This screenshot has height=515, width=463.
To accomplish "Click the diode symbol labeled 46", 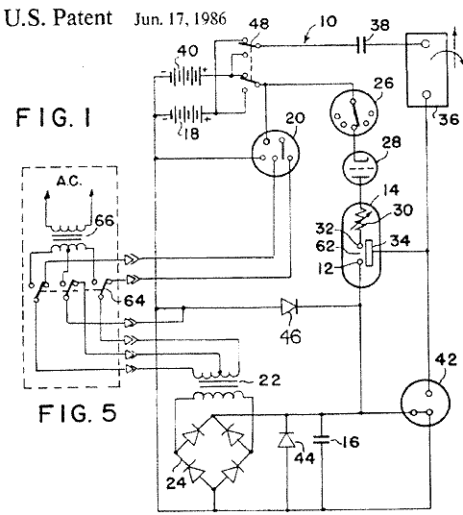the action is [289, 307].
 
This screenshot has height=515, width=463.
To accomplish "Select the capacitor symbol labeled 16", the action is [321, 440].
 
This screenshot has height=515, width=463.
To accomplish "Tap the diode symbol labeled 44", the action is [286, 440].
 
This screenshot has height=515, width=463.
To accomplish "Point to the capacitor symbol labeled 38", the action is [361, 45].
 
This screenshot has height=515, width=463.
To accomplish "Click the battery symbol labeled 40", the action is [185, 76].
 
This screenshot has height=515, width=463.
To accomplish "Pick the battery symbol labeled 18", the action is [186, 114].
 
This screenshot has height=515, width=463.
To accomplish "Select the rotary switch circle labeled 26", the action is [353, 112].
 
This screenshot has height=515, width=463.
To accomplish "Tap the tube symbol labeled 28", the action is [359, 167].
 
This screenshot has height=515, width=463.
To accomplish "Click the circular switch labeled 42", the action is [426, 403].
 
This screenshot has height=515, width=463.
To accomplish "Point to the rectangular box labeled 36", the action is [426, 69].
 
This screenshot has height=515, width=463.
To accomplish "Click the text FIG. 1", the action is [54, 117].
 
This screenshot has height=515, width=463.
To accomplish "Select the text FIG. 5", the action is [78, 413].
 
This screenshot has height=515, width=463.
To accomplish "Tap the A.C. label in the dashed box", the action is [69, 181].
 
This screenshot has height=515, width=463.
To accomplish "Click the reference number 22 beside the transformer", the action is [269, 380].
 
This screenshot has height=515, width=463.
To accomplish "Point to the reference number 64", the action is [134, 300].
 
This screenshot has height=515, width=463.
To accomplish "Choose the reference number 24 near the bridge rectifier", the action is [176, 482].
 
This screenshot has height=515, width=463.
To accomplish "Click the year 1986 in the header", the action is [209, 18].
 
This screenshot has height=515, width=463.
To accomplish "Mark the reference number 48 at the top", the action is [258, 24].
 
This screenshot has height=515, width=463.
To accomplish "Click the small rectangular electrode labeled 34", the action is [370, 253].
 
